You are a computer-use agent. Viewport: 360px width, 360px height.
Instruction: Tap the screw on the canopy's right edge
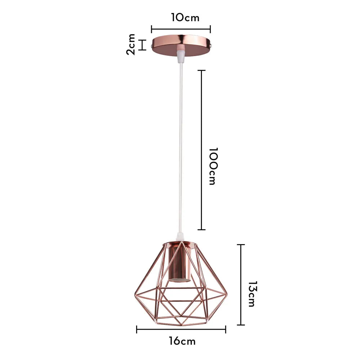point(214,46)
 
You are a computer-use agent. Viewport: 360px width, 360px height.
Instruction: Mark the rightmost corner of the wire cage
point(227,296)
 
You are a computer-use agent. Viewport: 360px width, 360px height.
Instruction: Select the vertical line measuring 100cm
point(202,150)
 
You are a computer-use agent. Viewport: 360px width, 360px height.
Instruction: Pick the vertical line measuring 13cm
point(241,284)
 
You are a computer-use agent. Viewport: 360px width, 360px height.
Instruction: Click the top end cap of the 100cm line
point(202,70)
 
